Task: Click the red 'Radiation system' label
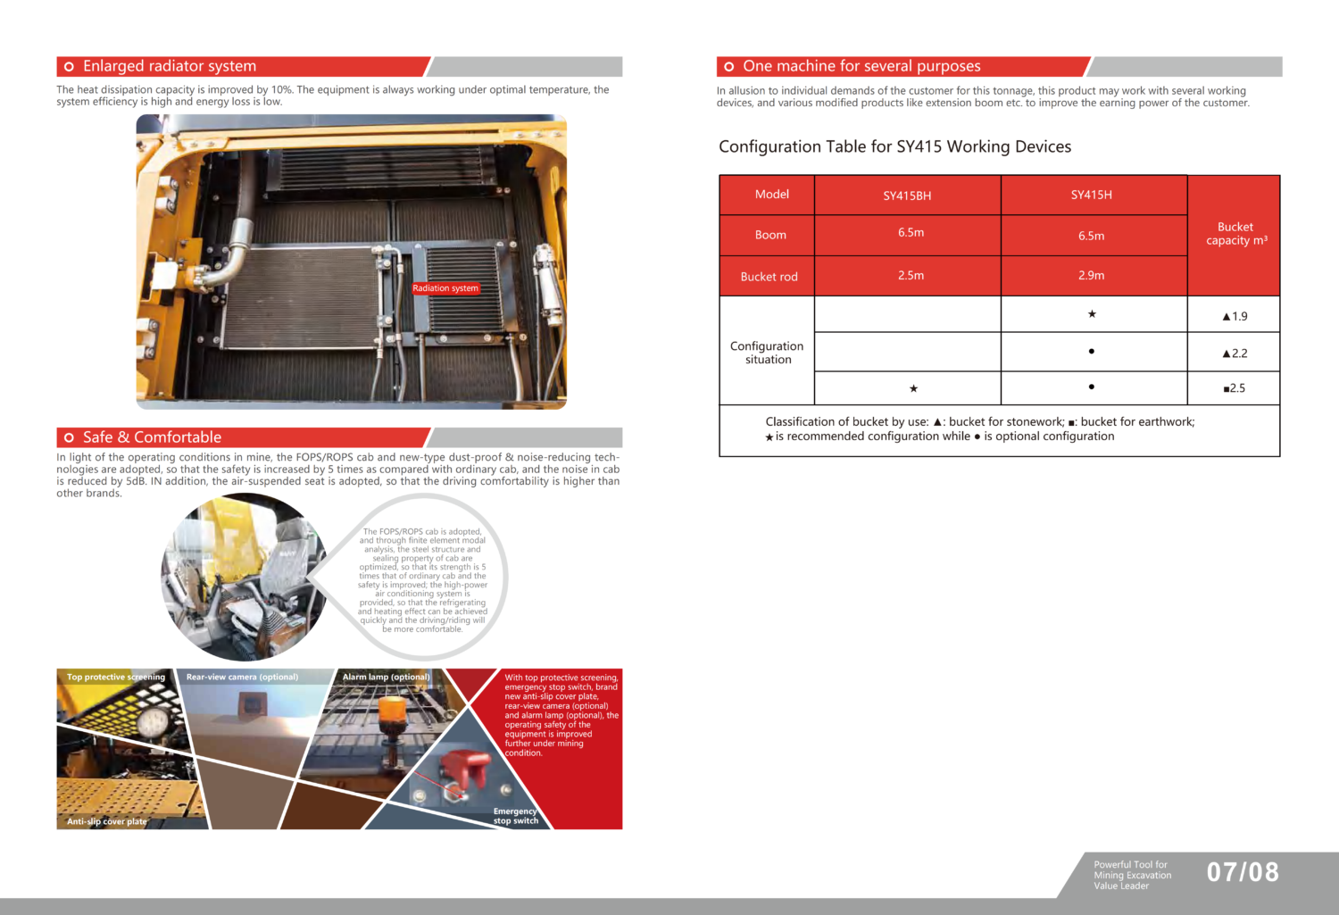pos(445,288)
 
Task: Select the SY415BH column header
pos(907,195)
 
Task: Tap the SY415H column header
pos(1091,195)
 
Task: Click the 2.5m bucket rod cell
pos(911,276)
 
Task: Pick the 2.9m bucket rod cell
pos(1091,276)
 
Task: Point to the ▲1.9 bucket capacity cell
pos(1235,316)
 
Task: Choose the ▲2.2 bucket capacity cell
pos(1235,354)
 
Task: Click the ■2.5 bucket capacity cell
pos(1235,388)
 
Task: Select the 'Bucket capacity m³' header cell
pos(1235,234)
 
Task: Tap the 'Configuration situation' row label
pos(767,353)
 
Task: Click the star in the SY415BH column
pos(913,388)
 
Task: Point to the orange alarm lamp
pos(392,715)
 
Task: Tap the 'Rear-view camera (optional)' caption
pos(242,677)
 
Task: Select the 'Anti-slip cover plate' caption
pos(107,821)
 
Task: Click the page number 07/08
pos(1243,872)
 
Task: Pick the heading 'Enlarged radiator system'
pos(170,66)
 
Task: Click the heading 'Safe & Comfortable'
pos(152,437)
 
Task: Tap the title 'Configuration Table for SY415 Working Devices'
pos(894,146)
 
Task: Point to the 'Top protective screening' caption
pos(116,677)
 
